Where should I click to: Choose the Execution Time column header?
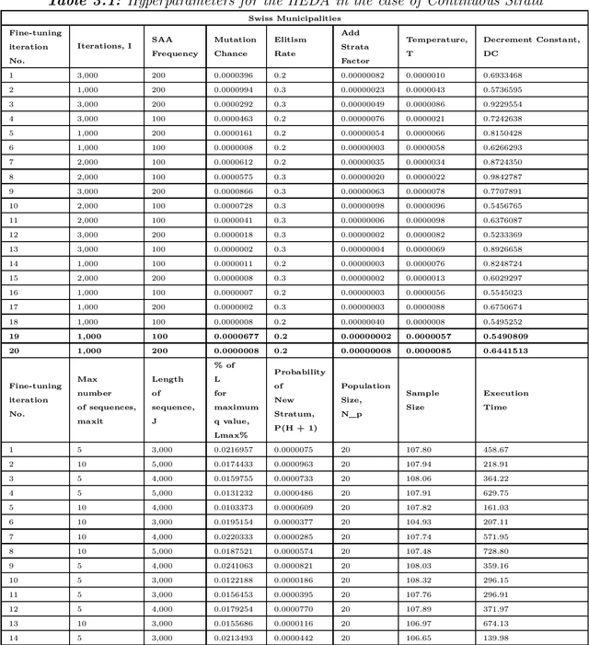[x=506, y=398]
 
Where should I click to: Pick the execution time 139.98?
[x=496, y=638]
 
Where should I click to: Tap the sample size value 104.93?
[x=419, y=522]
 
